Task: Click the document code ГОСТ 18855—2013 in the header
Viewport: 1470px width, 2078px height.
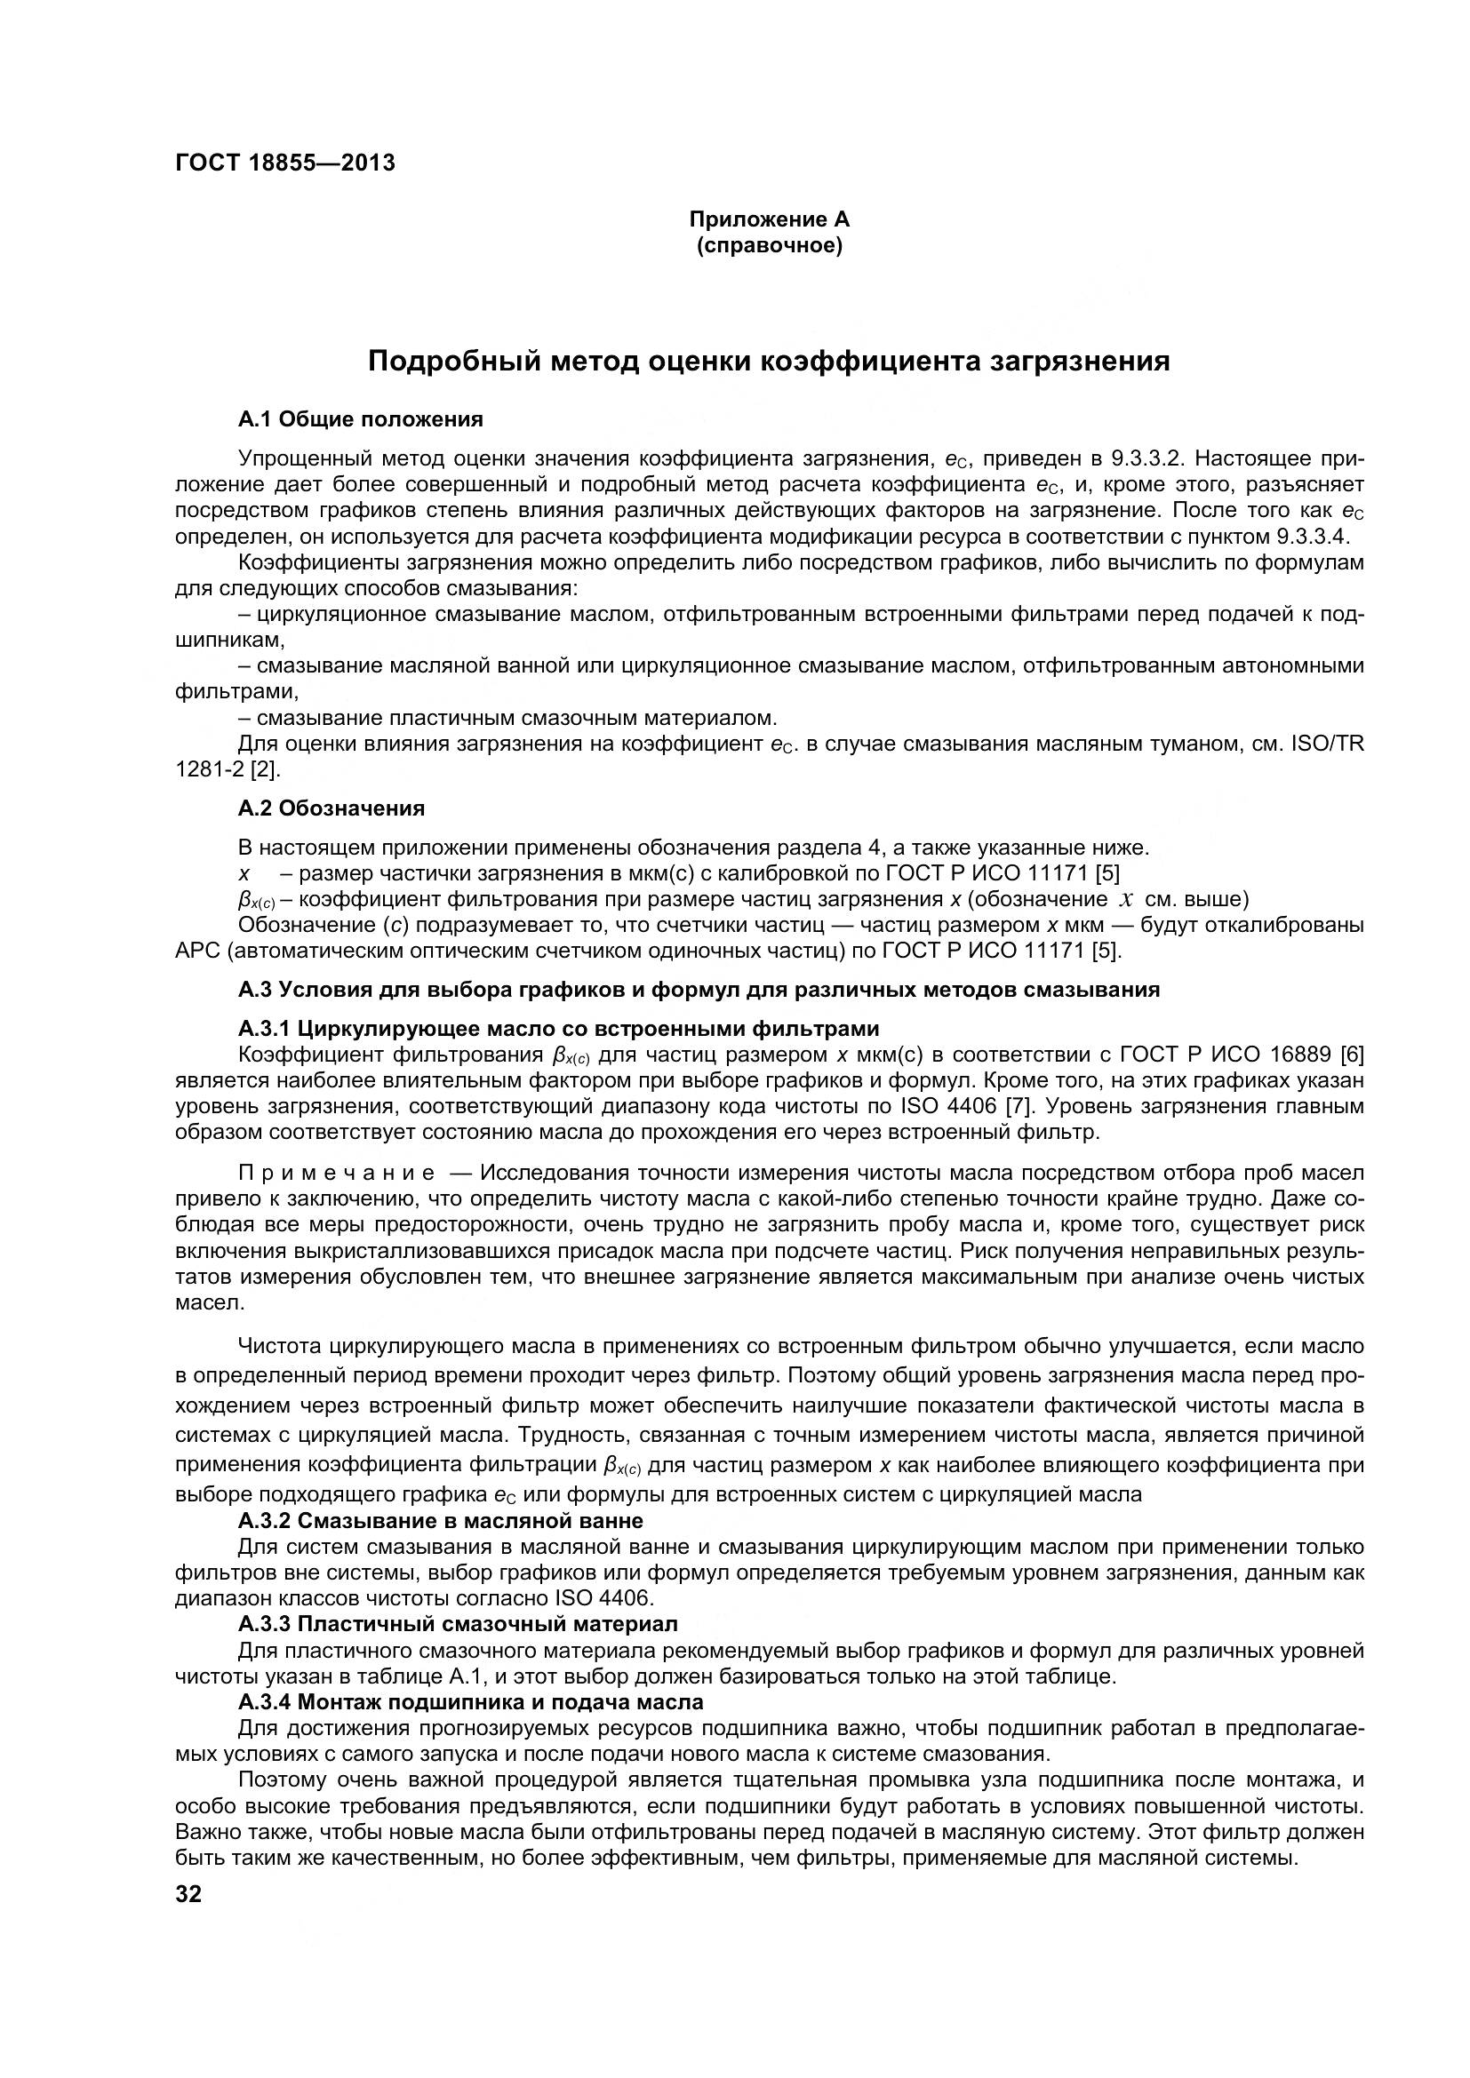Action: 285,163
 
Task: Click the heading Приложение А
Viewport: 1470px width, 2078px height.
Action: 770,220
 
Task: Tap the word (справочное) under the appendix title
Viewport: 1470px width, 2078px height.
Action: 770,246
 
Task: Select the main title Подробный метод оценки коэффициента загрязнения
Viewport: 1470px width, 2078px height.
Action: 770,361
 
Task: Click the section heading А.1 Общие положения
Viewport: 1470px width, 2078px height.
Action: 360,419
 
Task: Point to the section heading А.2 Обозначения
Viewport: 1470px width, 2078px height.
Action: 332,808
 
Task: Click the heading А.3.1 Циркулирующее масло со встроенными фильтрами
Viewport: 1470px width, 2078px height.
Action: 558,1029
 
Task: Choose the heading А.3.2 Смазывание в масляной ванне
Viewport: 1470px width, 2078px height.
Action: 441,1520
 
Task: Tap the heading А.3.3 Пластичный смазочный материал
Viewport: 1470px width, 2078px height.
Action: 458,1625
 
